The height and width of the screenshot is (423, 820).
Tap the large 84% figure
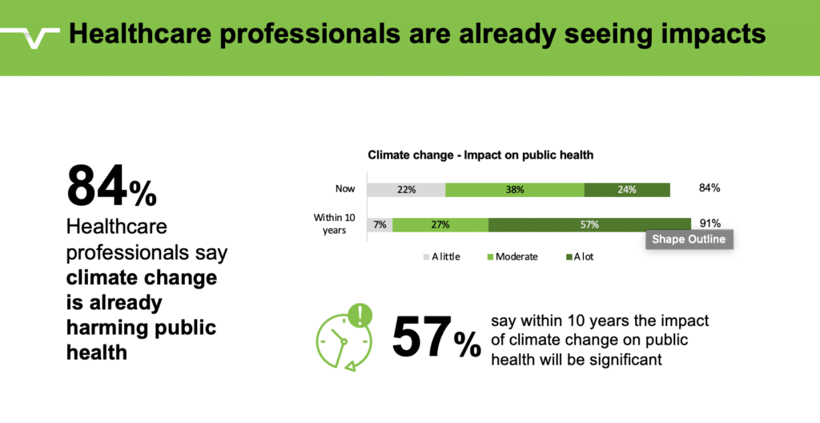tap(111, 187)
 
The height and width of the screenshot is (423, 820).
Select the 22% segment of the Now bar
tap(406, 190)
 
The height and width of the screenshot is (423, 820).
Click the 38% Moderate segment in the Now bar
tap(514, 190)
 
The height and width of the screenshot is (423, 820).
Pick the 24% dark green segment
tap(626, 190)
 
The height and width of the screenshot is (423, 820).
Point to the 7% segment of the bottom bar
tap(380, 224)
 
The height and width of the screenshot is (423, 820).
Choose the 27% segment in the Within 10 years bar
tap(440, 224)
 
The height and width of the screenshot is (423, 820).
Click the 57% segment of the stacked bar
tap(589, 224)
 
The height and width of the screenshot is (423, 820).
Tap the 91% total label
tap(709, 224)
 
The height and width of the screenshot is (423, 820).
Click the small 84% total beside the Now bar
tap(709, 188)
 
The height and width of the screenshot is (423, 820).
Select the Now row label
tap(346, 190)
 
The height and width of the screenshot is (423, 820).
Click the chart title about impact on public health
tap(480, 155)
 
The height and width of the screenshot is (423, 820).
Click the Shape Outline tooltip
tap(688, 239)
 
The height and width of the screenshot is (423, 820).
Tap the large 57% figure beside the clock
tap(436, 338)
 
